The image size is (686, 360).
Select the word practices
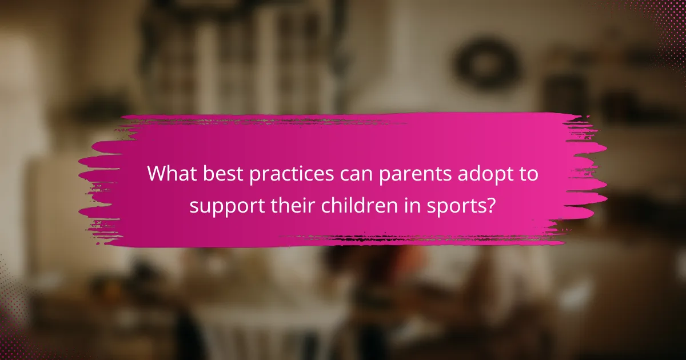[291, 175]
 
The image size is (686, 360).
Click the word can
[355, 175]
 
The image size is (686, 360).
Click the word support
[227, 207]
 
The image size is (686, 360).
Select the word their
[293, 205]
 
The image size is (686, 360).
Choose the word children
[359, 205]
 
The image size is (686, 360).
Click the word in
[412, 205]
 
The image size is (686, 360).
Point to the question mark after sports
[490, 205]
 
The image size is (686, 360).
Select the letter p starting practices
[255, 177]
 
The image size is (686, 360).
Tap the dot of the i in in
[406, 198]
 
